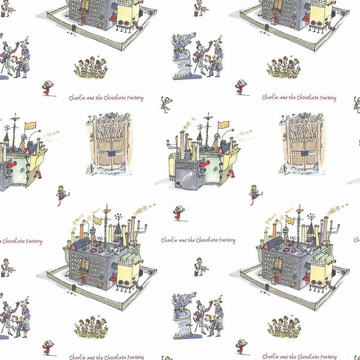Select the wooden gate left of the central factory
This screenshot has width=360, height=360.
[x=107, y=141]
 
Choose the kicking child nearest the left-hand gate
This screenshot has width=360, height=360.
[x=62, y=193]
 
